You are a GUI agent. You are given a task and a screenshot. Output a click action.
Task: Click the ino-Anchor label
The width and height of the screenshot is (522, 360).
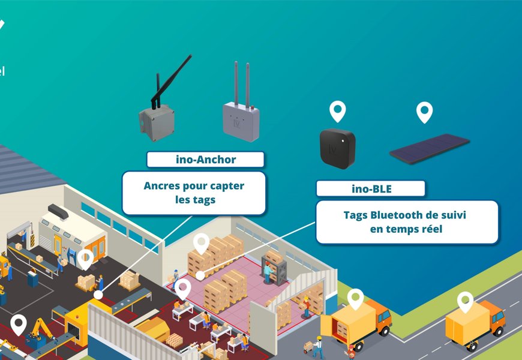pyautogui.click(x=205, y=160)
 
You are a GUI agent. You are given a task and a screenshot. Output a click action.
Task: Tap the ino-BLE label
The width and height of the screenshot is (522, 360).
pyautogui.click(x=371, y=189)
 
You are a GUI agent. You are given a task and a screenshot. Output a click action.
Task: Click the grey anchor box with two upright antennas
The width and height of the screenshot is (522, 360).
pyautogui.click(x=241, y=120)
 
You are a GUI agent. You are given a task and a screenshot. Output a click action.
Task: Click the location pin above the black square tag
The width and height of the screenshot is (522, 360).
pyautogui.click(x=338, y=111)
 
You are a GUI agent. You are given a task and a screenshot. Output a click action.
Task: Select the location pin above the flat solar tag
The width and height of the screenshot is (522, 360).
pyautogui.click(x=425, y=112)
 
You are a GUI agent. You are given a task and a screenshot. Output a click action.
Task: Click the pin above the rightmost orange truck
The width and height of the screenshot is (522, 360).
pyautogui.click(x=465, y=301)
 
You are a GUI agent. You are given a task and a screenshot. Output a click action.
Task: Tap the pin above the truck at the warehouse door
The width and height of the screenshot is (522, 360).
pyautogui.click(x=356, y=298)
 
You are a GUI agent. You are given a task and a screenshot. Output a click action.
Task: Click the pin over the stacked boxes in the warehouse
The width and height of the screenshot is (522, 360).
pyautogui.click(x=201, y=243)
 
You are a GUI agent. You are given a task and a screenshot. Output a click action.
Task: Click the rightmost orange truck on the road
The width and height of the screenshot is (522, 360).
pyautogui.click(x=474, y=324)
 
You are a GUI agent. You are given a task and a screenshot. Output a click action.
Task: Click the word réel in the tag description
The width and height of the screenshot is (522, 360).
pyautogui.click(x=430, y=229)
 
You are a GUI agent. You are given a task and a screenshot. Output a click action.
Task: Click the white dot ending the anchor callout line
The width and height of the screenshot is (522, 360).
pyautogui.click(x=98, y=295)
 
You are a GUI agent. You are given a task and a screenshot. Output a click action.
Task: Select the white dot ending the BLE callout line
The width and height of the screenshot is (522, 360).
pyautogui.click(x=200, y=275)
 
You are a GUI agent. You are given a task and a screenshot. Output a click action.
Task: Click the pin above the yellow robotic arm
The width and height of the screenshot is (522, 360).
pyautogui.click(x=19, y=323)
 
